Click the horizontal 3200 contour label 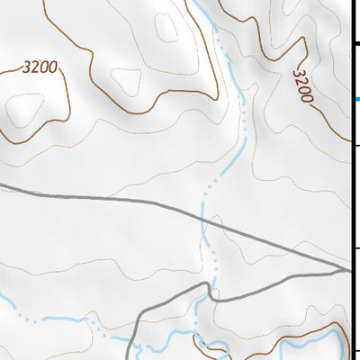click(x=40, y=66)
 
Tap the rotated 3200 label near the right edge click(x=302, y=87)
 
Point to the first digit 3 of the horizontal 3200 click(x=28, y=66)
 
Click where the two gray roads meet click(x=348, y=269)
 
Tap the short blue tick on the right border click(x=357, y=99)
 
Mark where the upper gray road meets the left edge click(x=2, y=187)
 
